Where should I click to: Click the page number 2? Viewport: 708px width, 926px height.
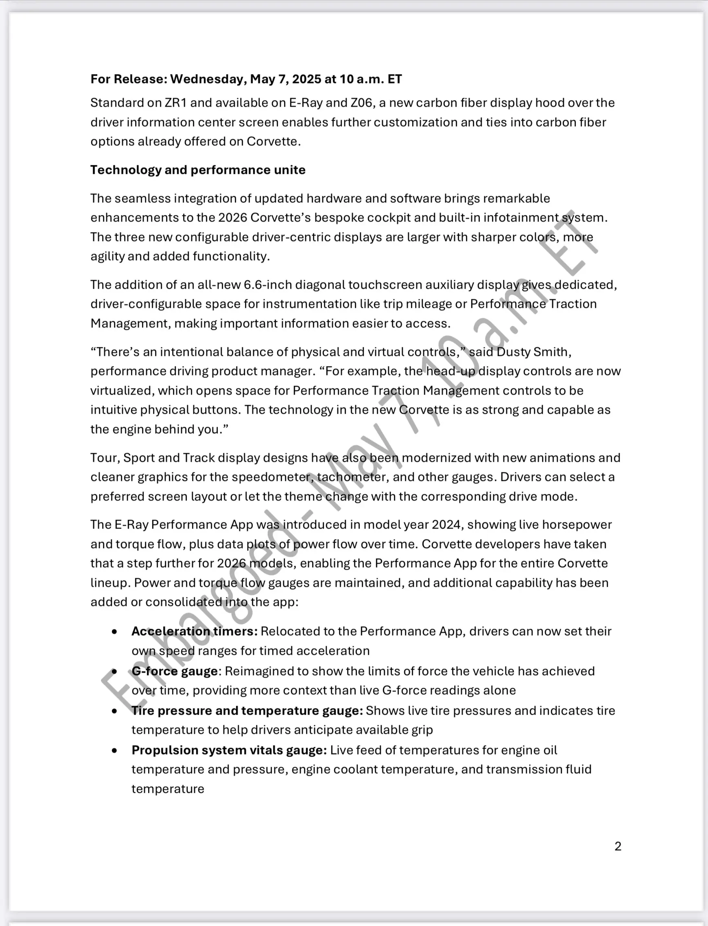click(618, 846)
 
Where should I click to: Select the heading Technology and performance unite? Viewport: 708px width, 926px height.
click(198, 170)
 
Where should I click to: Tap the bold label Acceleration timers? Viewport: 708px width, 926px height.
click(194, 631)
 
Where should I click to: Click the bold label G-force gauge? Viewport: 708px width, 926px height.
click(175, 671)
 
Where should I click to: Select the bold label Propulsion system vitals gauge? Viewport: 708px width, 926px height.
click(229, 750)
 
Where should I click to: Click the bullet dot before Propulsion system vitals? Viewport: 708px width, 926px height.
click(115, 750)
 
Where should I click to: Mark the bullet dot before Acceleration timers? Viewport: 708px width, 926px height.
click(115, 632)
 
